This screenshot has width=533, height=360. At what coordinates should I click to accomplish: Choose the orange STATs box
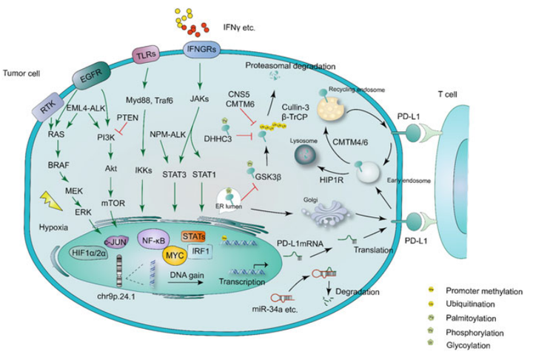[195, 236]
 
